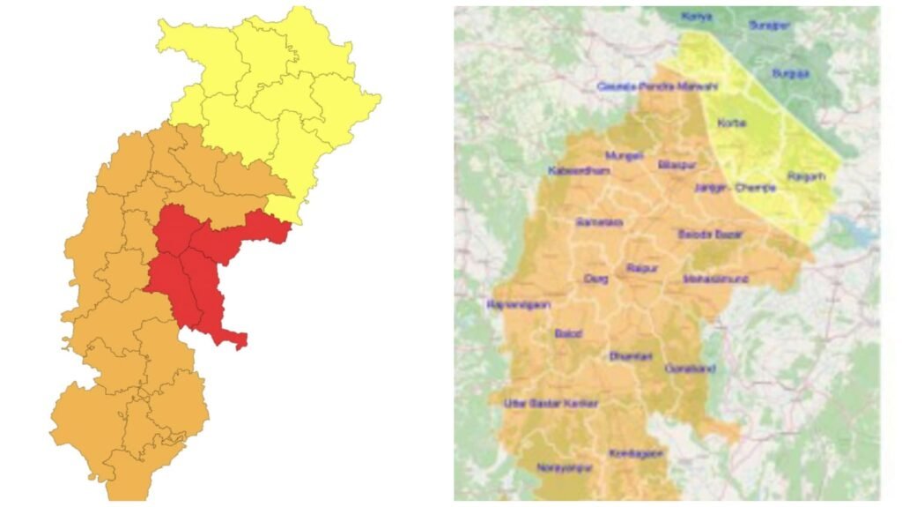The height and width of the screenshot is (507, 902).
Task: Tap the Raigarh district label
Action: pyautogui.click(x=807, y=177)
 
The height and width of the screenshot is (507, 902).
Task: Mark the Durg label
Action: pyautogui.click(x=595, y=278)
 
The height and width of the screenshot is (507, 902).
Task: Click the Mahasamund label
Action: pyautogui.click(x=715, y=279)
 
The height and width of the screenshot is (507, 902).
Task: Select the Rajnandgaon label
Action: pyautogui.click(x=518, y=304)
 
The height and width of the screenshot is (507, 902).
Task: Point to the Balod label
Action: pyautogui.click(x=568, y=333)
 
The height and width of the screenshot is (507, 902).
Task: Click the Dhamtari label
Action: pyautogui.click(x=631, y=356)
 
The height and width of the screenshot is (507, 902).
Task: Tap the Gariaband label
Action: pyautogui.click(x=691, y=369)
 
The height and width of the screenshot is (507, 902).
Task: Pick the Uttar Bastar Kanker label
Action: pyautogui.click(x=551, y=404)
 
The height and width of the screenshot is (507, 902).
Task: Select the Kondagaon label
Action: pyautogui.click(x=635, y=453)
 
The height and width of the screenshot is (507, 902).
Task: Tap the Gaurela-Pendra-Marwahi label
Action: pyautogui.click(x=657, y=86)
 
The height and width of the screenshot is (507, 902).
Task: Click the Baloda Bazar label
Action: pyautogui.click(x=710, y=234)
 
